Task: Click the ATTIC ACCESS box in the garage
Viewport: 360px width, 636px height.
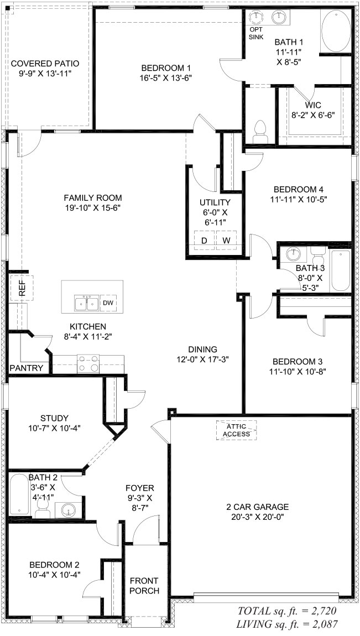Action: (236, 430)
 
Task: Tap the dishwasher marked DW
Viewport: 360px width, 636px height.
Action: (108, 303)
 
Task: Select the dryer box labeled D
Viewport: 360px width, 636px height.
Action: (204, 241)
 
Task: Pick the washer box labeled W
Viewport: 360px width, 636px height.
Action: (226, 241)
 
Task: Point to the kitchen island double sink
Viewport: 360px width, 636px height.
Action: (86, 304)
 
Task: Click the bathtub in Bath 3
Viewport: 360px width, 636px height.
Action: (340, 270)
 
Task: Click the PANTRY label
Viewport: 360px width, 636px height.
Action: (27, 368)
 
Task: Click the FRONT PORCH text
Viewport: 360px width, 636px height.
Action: (144, 586)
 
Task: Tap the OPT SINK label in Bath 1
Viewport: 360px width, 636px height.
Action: (256, 33)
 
